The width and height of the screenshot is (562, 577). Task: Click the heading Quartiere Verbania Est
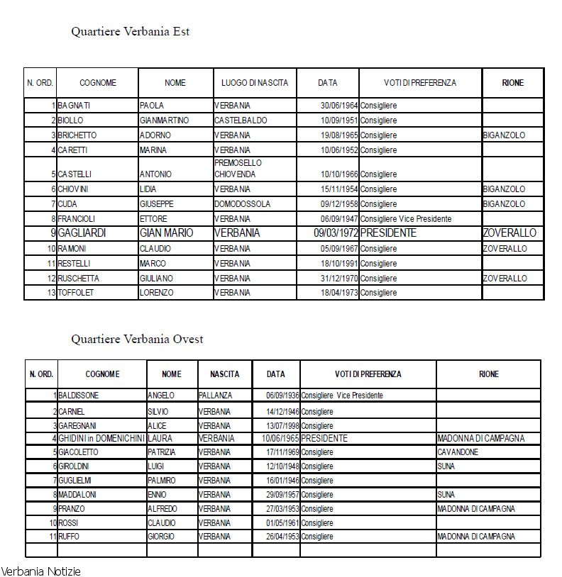pyautogui.click(x=130, y=32)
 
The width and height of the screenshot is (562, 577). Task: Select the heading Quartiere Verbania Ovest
pyautogui.click(x=137, y=339)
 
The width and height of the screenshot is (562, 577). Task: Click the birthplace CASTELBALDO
pyautogui.click(x=241, y=121)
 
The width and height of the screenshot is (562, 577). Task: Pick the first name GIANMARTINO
pyautogui.click(x=164, y=121)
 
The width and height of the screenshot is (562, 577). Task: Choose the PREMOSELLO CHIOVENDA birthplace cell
pyautogui.click(x=238, y=168)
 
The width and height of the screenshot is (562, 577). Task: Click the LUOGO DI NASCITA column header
pyautogui.click(x=255, y=83)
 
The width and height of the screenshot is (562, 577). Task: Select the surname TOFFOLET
pyautogui.click(x=75, y=293)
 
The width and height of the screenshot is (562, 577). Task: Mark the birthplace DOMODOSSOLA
pyautogui.click(x=242, y=204)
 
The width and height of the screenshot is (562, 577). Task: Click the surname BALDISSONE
pyautogui.click(x=79, y=396)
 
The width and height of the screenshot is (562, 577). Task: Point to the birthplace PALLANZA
pyautogui.click(x=215, y=396)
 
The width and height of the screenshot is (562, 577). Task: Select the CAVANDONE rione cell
pyautogui.click(x=458, y=452)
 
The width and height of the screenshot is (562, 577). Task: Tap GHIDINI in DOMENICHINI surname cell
pyautogui.click(x=101, y=439)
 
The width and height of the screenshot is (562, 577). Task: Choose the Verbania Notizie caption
pyautogui.click(x=40, y=571)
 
